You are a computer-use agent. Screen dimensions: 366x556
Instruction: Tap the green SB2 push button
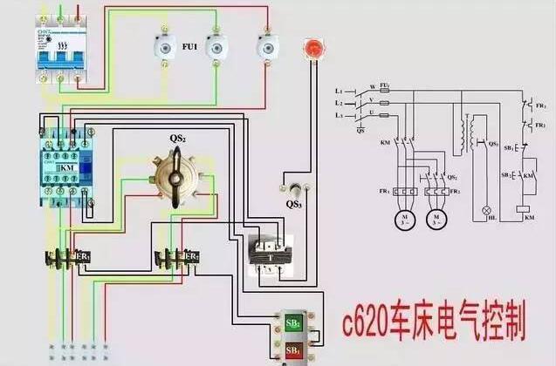click(x=294, y=324)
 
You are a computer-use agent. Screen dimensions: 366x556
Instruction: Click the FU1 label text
click(x=189, y=45)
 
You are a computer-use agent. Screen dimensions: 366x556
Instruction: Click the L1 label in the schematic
click(x=341, y=91)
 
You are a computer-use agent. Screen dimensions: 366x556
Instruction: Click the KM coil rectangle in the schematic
click(x=522, y=210)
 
